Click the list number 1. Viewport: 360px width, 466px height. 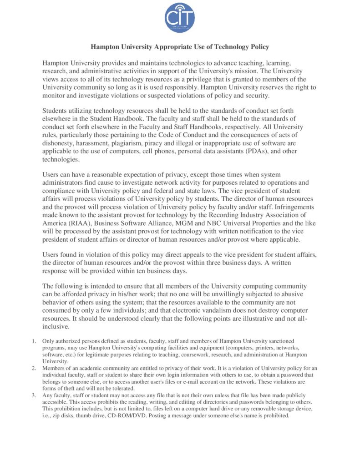pyautogui.click(x=34, y=341)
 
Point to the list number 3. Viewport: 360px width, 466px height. pyautogui.click(x=34, y=395)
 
